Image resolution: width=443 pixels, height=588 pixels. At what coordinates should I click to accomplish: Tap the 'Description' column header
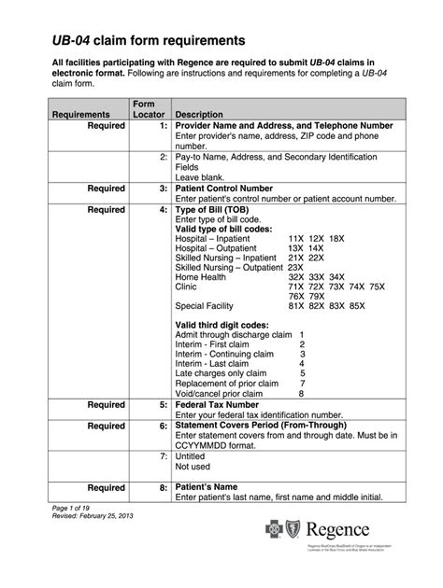point(207,114)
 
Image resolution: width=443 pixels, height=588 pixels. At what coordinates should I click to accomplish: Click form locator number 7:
point(163,458)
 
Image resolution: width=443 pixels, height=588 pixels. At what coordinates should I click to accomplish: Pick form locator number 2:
point(163,158)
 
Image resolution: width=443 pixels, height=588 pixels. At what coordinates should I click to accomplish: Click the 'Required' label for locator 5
point(107,405)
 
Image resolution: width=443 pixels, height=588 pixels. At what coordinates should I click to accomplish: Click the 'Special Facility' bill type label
point(208,305)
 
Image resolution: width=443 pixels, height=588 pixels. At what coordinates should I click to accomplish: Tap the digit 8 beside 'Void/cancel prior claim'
point(301,393)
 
